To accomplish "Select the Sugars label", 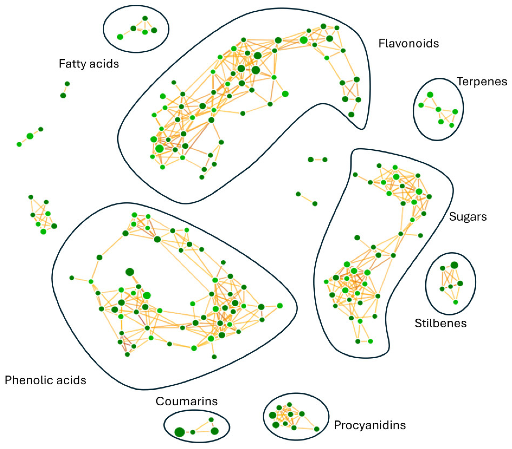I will [x=468, y=216].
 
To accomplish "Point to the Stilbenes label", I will [x=440, y=323].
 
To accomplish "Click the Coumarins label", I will [x=187, y=401].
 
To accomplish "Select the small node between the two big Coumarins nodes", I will [x=193, y=432].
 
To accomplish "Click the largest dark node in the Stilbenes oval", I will [x=454, y=265].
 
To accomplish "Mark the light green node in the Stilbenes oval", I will [x=456, y=302].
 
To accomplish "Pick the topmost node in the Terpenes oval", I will [x=430, y=95].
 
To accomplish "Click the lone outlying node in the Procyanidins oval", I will [x=317, y=429].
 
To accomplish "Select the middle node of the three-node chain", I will [x=30, y=136].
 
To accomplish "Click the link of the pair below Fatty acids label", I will [x=65, y=90].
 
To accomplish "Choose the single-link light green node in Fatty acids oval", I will [x=120, y=37].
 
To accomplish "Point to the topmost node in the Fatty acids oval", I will [x=145, y=18].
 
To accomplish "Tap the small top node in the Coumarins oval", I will [x=211, y=420].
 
